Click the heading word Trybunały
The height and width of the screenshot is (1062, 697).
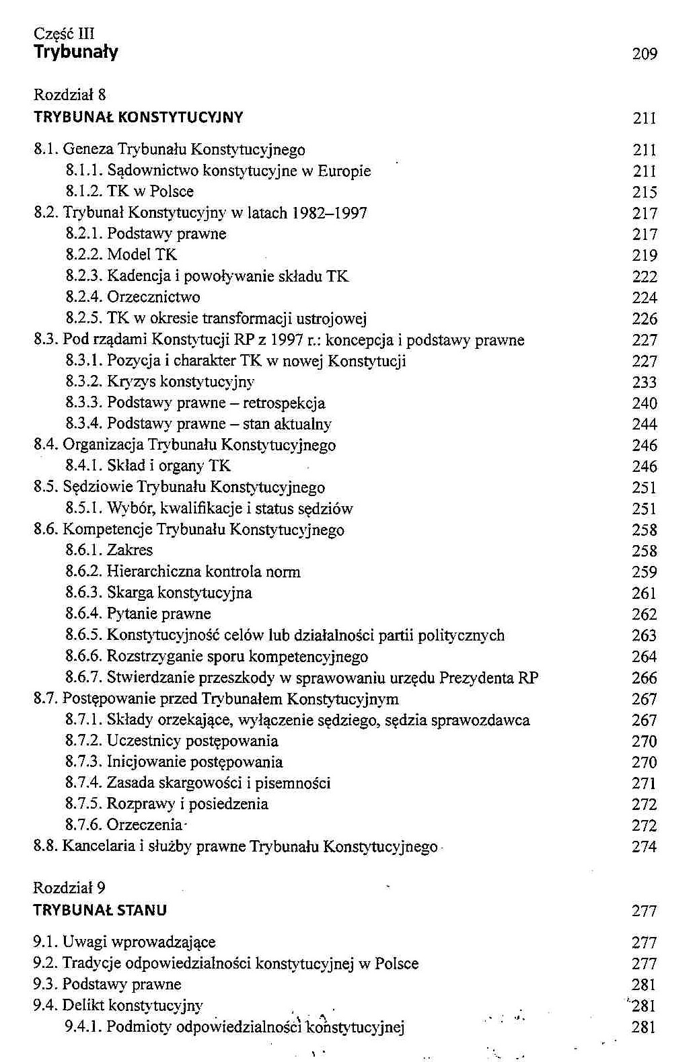[x=76, y=52]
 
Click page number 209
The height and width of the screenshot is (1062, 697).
[x=645, y=54]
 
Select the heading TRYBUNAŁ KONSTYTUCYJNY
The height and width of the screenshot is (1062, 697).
[x=139, y=118]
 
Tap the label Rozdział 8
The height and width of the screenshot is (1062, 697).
[x=69, y=95]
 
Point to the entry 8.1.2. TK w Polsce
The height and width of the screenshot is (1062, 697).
[x=130, y=192]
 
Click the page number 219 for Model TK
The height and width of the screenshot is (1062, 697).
[x=645, y=255]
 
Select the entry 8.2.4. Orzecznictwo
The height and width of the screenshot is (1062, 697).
[x=133, y=297]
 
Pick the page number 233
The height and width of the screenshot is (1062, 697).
[x=645, y=382]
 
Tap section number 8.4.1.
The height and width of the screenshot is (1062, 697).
[x=84, y=466]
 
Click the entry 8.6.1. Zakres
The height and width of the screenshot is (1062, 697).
[x=109, y=550]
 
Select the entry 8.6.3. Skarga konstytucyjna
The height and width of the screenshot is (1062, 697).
[x=159, y=593]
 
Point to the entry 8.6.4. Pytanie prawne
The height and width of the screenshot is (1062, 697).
[x=139, y=614]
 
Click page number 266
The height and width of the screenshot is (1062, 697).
[x=645, y=678]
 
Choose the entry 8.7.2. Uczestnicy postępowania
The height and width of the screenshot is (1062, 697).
[x=172, y=741]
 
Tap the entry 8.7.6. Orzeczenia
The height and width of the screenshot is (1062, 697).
[x=125, y=825]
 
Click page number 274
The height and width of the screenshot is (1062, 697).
[x=645, y=847]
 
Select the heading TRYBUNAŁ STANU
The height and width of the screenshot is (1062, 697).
[x=100, y=911]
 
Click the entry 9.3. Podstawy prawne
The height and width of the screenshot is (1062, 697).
[x=108, y=985]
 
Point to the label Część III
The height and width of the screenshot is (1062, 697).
[x=64, y=34]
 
